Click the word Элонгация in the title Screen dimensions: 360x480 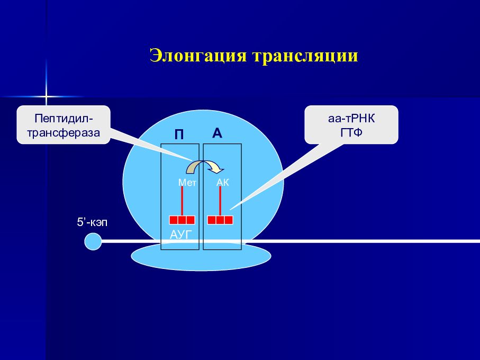point(198,56)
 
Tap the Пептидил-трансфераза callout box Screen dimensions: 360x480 point(64,124)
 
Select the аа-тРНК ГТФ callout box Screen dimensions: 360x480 point(351,124)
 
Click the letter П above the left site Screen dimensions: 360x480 point(179,135)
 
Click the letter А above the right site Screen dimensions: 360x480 point(217,133)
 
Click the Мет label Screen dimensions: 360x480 point(187,183)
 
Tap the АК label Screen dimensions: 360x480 point(222,183)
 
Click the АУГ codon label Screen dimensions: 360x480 point(182,233)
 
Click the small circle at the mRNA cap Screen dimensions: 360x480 point(93,241)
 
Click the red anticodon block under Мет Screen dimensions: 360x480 point(182,220)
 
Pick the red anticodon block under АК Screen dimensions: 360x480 point(220,220)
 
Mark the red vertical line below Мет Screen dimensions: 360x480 point(182,201)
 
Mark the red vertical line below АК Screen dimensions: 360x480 point(220,201)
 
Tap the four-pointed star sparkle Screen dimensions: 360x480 point(46,97)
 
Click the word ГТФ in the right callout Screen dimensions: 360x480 point(351,131)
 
